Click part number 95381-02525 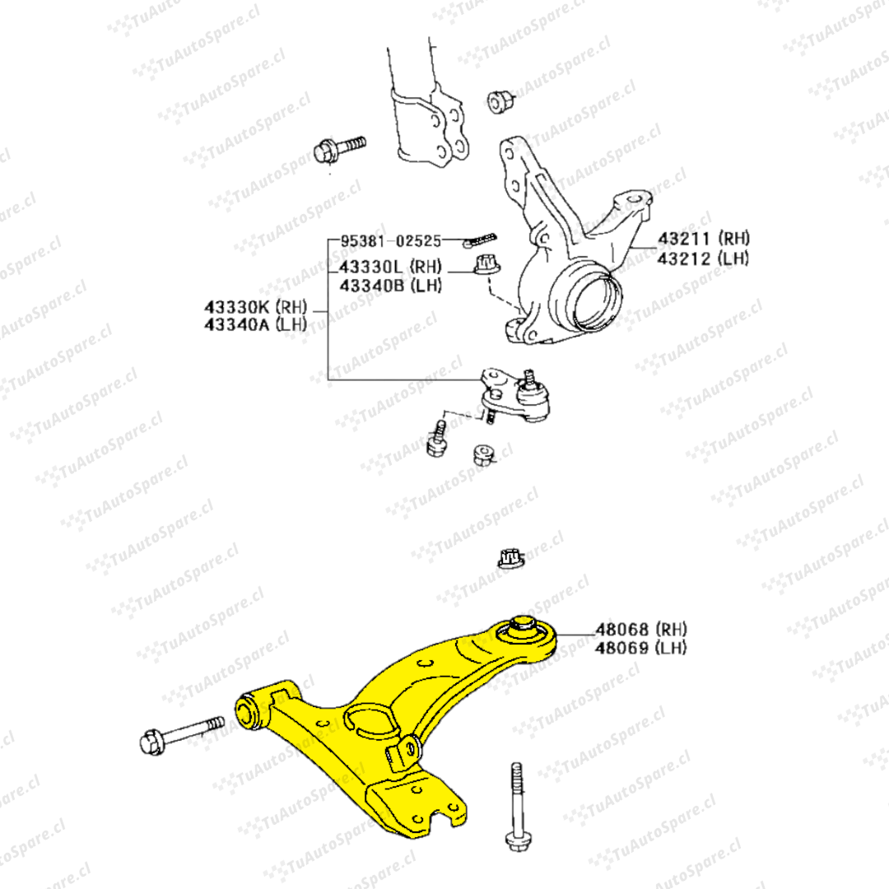[390, 241]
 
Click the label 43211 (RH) [703, 239]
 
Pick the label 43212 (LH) [703, 258]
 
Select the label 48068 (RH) [640, 629]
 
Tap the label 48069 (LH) [640, 648]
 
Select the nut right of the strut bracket [500, 101]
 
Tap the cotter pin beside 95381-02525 [480, 240]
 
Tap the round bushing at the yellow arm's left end [248, 712]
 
